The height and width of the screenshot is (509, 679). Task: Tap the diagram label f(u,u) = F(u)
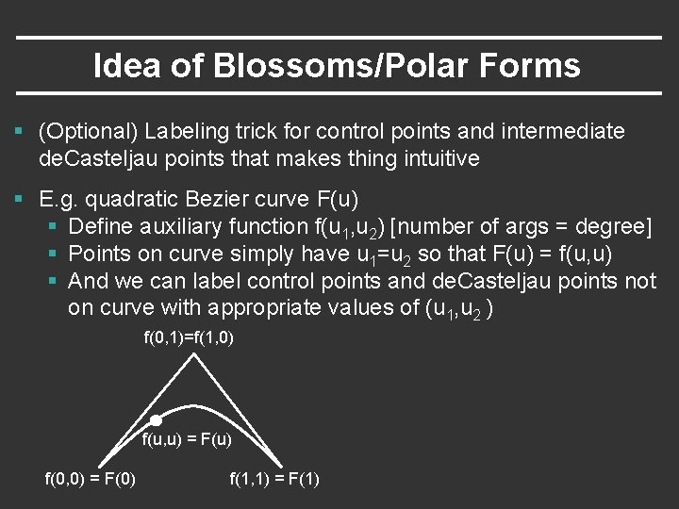coord(187,439)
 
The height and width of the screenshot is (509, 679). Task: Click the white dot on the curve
coord(157,421)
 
